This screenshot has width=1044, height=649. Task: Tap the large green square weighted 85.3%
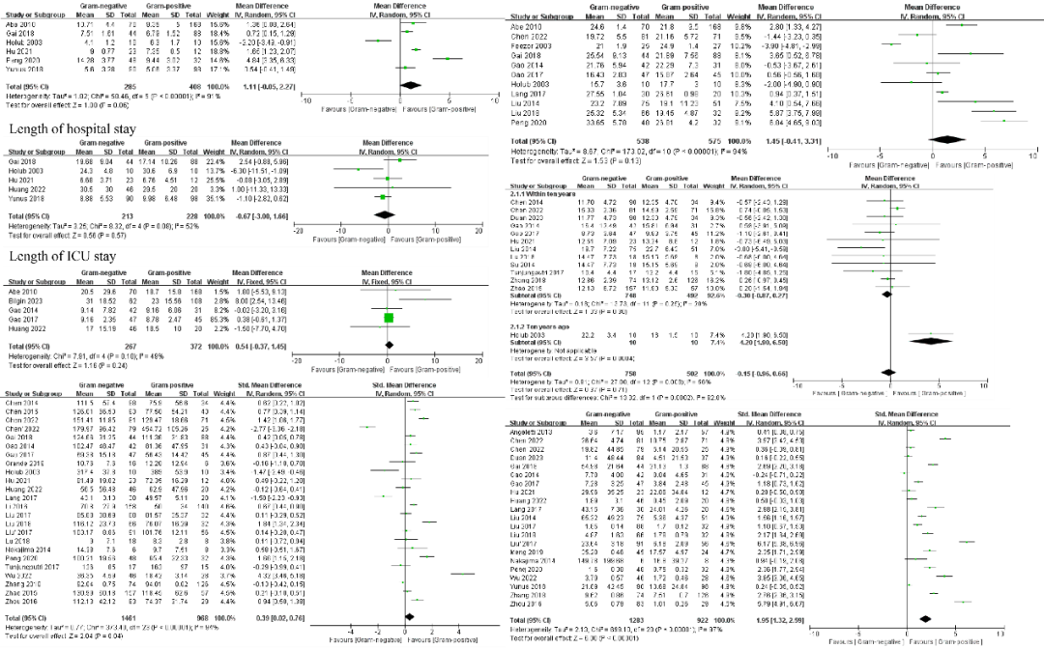point(387,317)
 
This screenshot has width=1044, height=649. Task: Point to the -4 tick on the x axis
point(349,630)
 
